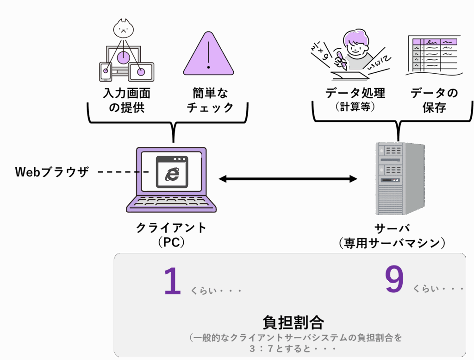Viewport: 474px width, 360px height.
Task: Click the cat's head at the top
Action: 123,29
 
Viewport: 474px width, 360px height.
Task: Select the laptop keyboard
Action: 171,202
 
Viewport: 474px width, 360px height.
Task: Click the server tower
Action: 400,178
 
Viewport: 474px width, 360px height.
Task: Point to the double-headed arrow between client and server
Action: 288,179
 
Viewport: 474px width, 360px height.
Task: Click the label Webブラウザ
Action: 52,172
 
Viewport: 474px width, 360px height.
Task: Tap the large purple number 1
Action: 173,281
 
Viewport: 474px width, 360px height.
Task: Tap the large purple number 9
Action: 394,279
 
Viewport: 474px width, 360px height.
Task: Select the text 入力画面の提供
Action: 127,100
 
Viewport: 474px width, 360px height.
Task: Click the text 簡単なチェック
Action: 211,100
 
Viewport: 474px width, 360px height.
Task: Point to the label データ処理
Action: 355,93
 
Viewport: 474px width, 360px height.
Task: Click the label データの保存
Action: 434,100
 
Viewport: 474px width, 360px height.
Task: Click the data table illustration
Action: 434,55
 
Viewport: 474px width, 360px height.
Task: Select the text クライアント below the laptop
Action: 171,227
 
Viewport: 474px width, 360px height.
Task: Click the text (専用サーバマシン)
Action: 392,243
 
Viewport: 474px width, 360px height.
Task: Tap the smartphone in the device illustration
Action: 106,72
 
